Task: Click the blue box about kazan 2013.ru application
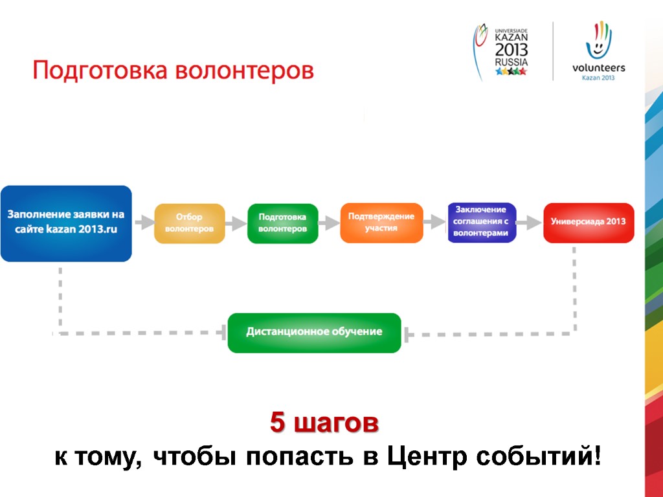pos(66,223)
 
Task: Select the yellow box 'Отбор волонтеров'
pos(189,223)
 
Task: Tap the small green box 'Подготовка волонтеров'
pos(282,223)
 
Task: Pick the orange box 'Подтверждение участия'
pos(381,223)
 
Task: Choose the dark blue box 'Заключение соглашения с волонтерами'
pos(481,223)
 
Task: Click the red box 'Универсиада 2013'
pos(588,223)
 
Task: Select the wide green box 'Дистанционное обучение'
pos(314,333)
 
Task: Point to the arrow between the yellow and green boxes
pos(236,223)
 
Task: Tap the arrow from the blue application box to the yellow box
pos(144,223)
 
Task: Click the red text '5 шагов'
pos(324,425)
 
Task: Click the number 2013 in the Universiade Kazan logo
pos(511,49)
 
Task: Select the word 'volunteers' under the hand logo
pos(598,67)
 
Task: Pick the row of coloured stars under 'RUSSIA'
pos(511,72)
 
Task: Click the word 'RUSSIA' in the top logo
pos(511,62)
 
